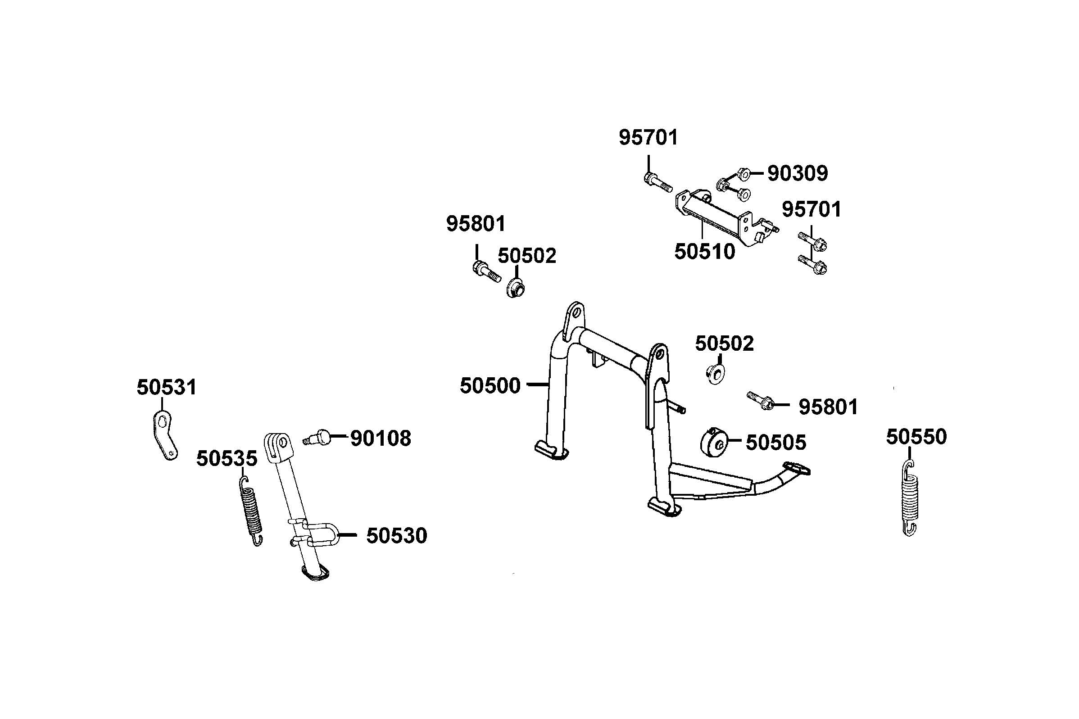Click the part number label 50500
(x=490, y=386)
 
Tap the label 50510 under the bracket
(x=704, y=252)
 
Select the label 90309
(x=798, y=173)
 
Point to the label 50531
(x=167, y=388)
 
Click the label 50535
(x=227, y=458)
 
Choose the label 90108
(x=381, y=439)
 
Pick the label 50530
(x=397, y=536)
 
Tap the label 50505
(x=775, y=443)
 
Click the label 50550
(x=916, y=437)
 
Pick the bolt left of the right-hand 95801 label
(x=760, y=400)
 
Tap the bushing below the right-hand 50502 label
(x=714, y=374)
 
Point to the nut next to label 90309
(x=744, y=174)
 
